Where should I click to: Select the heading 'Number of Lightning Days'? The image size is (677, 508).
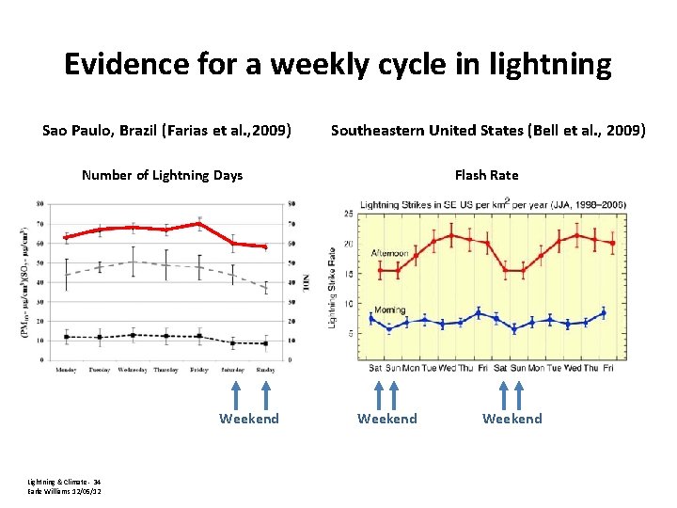pyautogui.click(x=162, y=175)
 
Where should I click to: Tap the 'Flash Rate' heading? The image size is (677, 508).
pyautogui.click(x=486, y=175)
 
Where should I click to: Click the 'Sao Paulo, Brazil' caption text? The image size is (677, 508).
pyautogui.click(x=103, y=130)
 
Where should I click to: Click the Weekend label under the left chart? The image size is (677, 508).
pyautogui.click(x=249, y=419)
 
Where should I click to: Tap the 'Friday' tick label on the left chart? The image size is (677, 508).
pyautogui.click(x=198, y=370)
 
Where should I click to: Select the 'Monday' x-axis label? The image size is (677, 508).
pyautogui.click(x=66, y=370)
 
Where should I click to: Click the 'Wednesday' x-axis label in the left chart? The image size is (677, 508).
pyautogui.click(x=132, y=370)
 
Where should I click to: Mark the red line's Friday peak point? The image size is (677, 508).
pyautogui.click(x=199, y=223)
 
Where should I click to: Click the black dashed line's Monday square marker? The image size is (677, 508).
pyautogui.click(x=66, y=337)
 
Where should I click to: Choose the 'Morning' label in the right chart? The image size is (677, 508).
pyautogui.click(x=389, y=310)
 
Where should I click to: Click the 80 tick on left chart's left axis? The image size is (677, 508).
pyautogui.click(x=39, y=203)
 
